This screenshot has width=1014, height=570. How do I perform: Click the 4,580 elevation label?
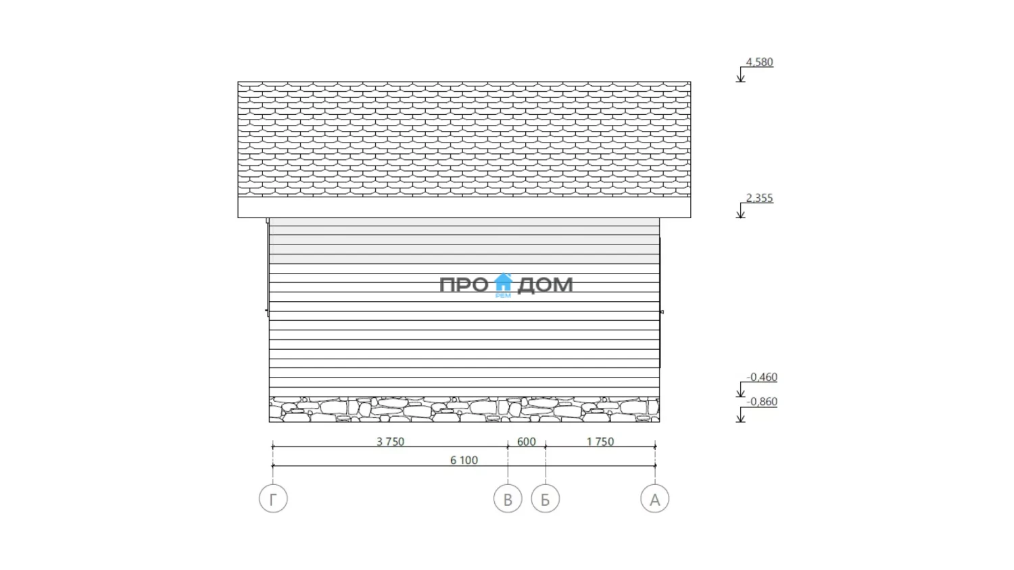pyautogui.click(x=759, y=62)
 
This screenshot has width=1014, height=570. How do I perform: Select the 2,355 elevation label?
pyautogui.click(x=759, y=198)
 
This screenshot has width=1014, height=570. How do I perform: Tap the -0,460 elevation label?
pyautogui.click(x=762, y=378)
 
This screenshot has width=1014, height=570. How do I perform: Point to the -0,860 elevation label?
pyautogui.click(x=762, y=402)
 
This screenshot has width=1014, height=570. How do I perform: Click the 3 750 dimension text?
pyautogui.click(x=390, y=442)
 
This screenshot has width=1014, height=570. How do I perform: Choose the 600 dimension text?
pyautogui.click(x=527, y=442)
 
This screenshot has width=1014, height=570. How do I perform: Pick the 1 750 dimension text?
pyautogui.click(x=600, y=442)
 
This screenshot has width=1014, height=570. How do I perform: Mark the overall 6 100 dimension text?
pyautogui.click(x=464, y=460)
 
